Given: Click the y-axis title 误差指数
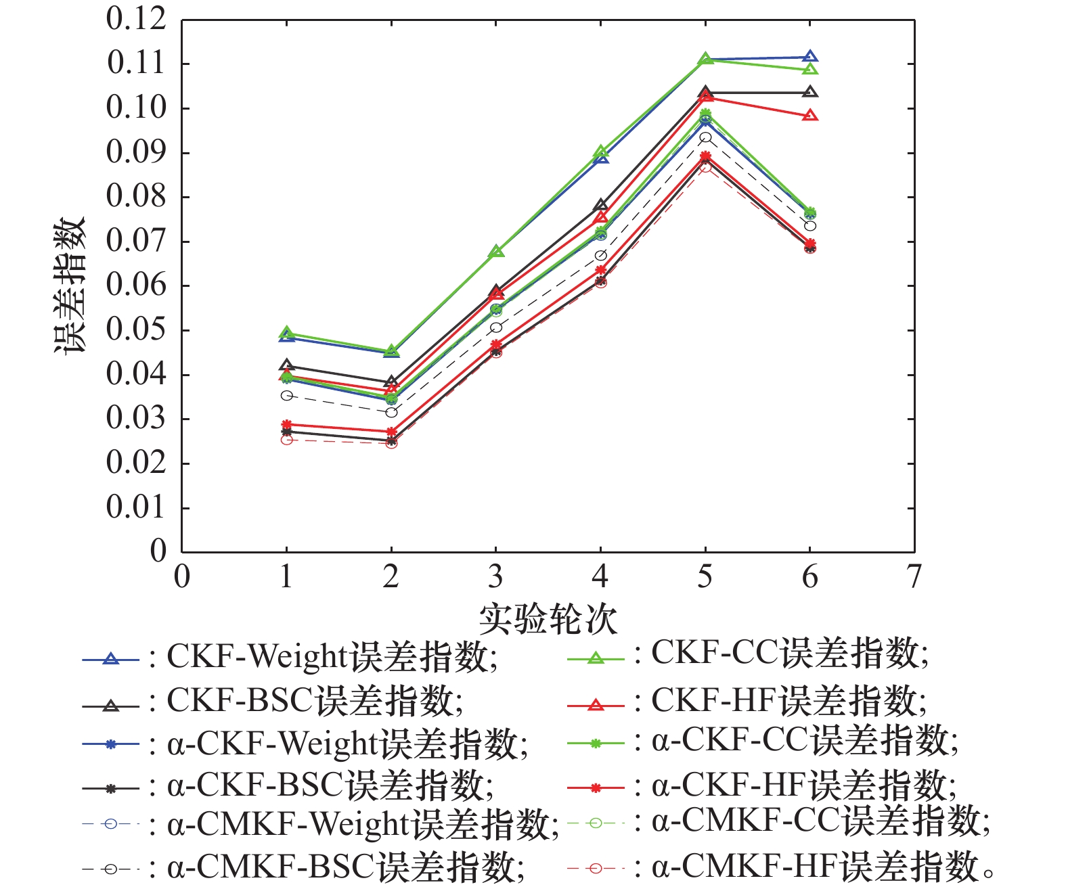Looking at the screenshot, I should point(70,286).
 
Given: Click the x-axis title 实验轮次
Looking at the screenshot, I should point(548,618).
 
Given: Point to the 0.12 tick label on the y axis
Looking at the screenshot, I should point(136,19).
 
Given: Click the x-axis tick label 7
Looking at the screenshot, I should point(914,577).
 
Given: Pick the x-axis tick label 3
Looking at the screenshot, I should point(495,577).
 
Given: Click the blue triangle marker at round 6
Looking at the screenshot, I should point(810,57).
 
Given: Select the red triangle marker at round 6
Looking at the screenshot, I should point(810,116).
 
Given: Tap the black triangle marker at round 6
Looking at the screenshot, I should point(810,92).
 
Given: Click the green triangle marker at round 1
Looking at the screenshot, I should point(286,333).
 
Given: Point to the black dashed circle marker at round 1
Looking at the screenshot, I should point(286,396).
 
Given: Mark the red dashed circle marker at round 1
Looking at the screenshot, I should point(286,440).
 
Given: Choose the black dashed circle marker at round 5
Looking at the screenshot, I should point(705,137).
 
